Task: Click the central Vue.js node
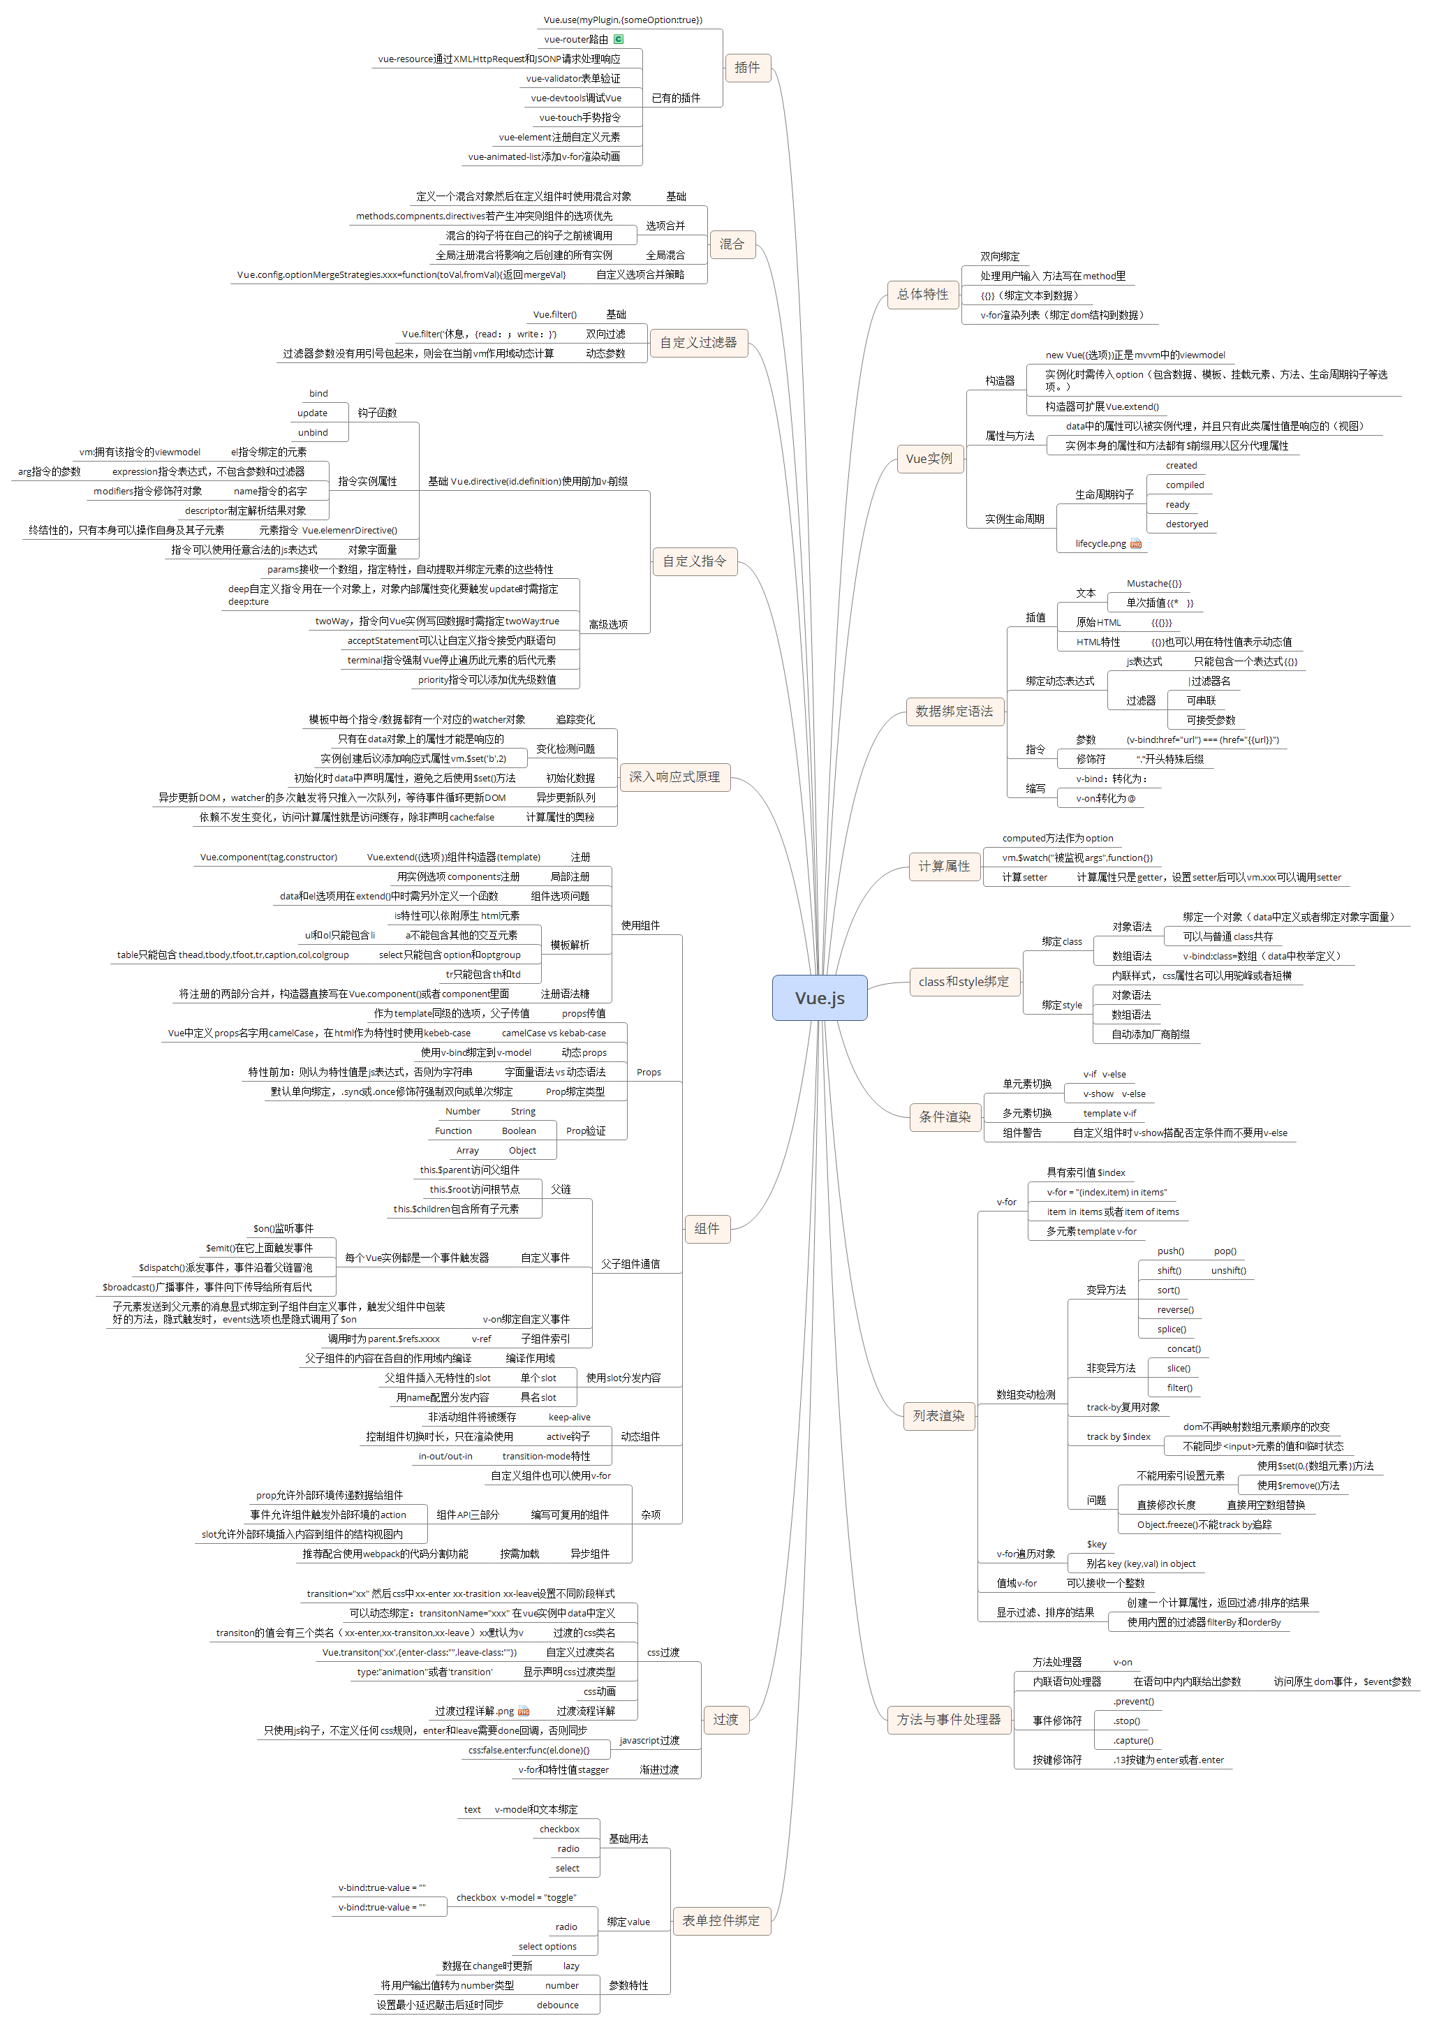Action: tap(819, 998)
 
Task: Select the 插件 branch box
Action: tap(747, 68)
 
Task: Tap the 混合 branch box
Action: tap(731, 244)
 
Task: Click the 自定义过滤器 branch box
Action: tap(698, 342)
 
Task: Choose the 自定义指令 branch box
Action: tap(694, 561)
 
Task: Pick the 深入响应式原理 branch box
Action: tap(674, 777)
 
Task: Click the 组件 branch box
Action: tap(707, 1228)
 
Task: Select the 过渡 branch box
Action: tap(725, 1719)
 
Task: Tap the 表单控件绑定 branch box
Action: tap(721, 1920)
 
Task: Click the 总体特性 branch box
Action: tap(922, 295)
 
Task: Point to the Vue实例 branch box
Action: tap(929, 459)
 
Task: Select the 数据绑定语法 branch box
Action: tap(953, 711)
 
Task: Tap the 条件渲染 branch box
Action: tap(945, 1117)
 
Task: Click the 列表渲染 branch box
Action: tap(938, 1415)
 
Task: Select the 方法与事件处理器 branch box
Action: tap(949, 1719)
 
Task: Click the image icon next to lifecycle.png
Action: tap(1136, 544)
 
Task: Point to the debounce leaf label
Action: tap(557, 2005)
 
